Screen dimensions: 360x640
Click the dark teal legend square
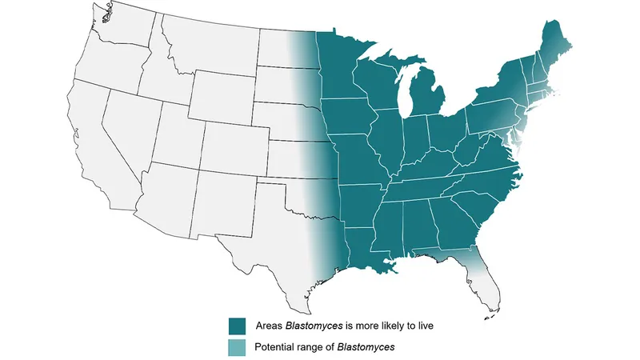(237, 326)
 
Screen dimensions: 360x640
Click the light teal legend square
(237, 348)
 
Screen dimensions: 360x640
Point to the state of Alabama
(416, 224)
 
